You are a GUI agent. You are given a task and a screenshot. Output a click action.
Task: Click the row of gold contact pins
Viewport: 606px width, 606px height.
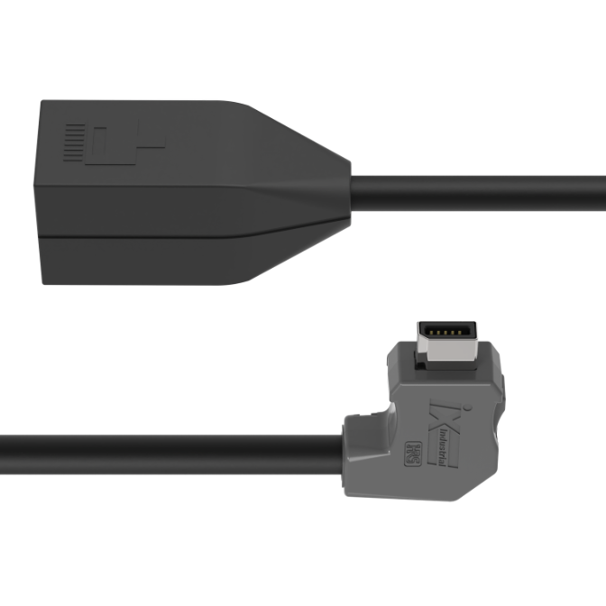point(445,334)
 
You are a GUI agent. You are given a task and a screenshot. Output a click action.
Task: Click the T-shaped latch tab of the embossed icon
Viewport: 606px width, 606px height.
point(144,142)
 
